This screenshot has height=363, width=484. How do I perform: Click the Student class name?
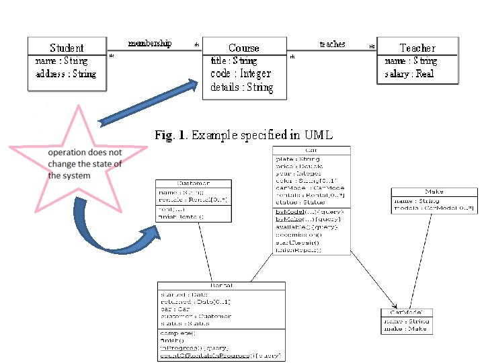[67, 48]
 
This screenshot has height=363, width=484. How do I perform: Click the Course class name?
[243, 48]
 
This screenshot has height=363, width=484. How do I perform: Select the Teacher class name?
[417, 48]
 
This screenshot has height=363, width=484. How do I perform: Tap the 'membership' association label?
[149, 43]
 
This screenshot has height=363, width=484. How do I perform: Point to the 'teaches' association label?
[332, 44]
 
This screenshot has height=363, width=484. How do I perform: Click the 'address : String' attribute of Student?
[66, 73]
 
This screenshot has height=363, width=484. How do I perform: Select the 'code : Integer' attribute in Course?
[241, 73]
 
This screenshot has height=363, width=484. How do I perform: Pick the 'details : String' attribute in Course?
[242, 87]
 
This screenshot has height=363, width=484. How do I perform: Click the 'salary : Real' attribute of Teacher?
[409, 73]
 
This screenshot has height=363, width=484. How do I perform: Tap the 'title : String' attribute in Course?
[234, 61]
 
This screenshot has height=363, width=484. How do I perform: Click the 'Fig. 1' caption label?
[171, 135]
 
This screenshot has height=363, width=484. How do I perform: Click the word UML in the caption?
[318, 135]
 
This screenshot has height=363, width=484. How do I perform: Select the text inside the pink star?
[85, 164]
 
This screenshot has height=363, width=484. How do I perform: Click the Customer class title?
[194, 183]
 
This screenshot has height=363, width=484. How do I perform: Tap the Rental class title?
[220, 285]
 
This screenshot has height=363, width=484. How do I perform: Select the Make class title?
[434, 192]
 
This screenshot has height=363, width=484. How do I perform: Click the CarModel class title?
[407, 313]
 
